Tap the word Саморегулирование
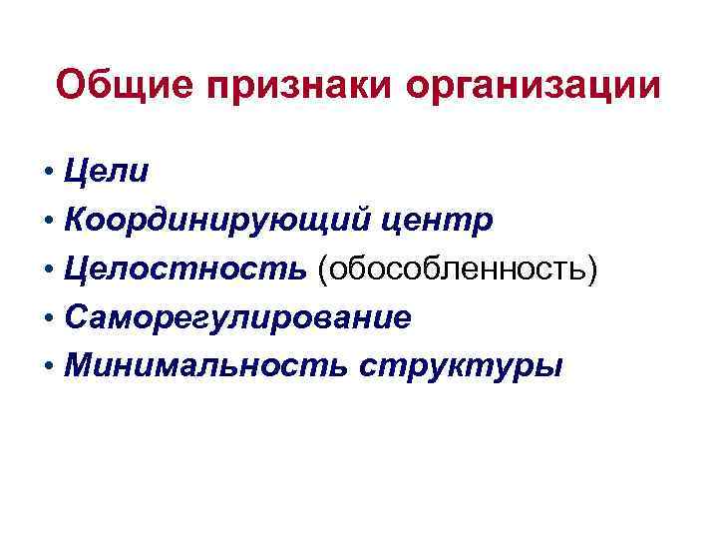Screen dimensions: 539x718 (236, 318)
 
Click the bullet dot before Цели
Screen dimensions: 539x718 (49, 172)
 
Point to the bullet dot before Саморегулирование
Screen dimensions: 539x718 (49, 318)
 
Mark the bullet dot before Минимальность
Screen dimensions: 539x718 (49, 367)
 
